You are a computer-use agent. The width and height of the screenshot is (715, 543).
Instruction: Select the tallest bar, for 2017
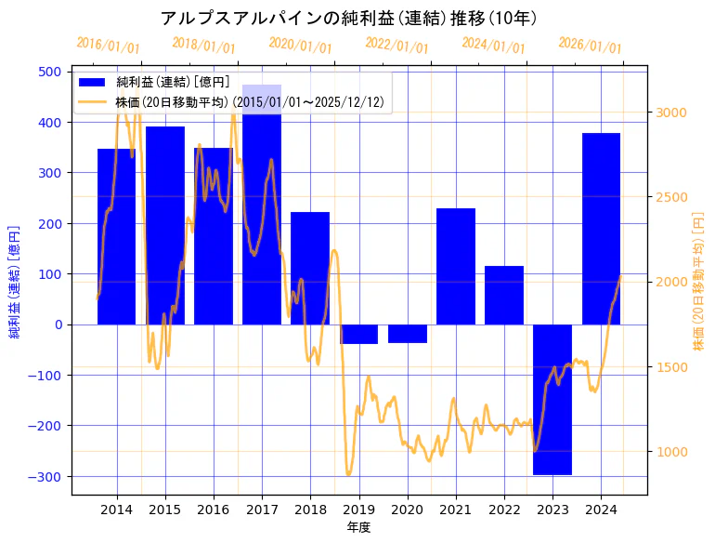(262, 205)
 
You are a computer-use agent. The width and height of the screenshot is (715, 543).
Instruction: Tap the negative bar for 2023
(552, 400)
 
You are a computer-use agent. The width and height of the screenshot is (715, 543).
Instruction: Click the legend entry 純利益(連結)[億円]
(173, 83)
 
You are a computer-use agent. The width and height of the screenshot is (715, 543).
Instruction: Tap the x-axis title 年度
(359, 526)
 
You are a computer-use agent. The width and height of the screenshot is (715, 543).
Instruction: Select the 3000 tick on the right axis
(671, 113)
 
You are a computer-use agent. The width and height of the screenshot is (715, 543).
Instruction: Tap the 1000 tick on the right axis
(671, 452)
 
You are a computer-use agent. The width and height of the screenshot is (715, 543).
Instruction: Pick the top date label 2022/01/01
(397, 46)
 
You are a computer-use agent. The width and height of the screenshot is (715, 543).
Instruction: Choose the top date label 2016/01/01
(108, 46)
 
